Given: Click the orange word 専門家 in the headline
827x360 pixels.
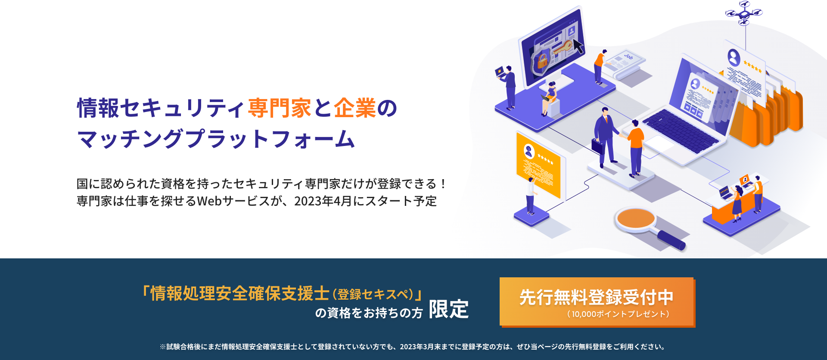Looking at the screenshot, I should point(279,108).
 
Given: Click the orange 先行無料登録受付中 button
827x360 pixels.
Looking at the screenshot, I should point(597,302).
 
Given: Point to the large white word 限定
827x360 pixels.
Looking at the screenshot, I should point(448,309).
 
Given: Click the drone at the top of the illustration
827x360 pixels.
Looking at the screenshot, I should point(744,12).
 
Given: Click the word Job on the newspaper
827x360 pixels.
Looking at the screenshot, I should point(628,56).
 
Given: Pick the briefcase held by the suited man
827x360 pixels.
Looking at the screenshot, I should point(597,146).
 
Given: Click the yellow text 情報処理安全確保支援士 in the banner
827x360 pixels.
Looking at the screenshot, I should point(240,294).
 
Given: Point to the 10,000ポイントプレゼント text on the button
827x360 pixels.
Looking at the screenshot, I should point(618,314).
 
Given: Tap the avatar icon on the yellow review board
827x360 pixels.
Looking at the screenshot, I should point(529,151).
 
